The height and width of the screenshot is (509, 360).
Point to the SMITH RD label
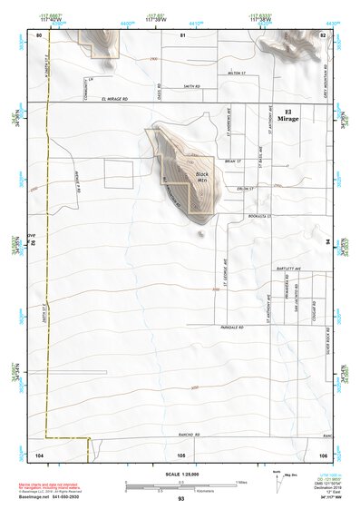click(190, 85)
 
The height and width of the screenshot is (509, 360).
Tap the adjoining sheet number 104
click(39, 454)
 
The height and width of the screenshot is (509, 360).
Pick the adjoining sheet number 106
click(322, 454)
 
